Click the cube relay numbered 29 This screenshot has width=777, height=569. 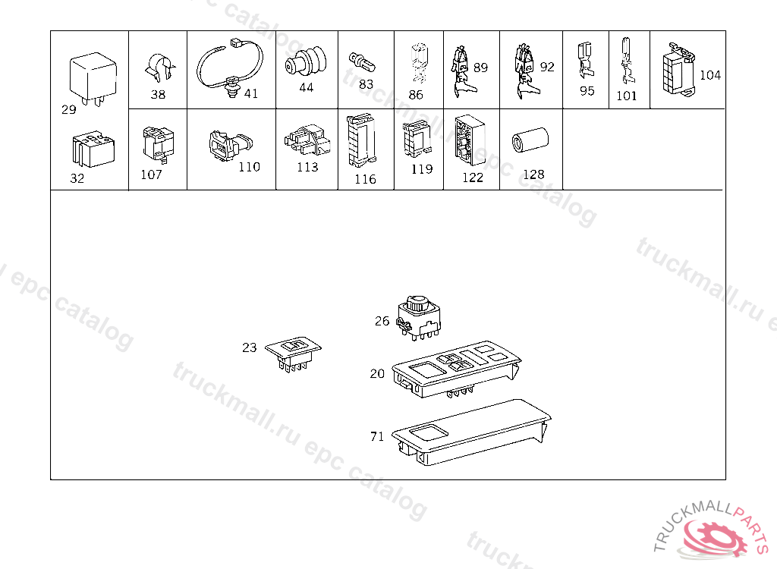(x=93, y=78)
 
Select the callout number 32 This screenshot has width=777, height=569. (x=77, y=178)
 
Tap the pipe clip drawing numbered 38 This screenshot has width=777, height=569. (x=159, y=68)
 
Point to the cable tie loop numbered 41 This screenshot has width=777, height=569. (x=230, y=67)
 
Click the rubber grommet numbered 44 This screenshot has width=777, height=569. (x=306, y=61)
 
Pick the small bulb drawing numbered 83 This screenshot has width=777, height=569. (x=362, y=62)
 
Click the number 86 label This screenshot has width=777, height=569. (x=416, y=95)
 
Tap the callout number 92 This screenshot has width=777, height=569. (x=547, y=67)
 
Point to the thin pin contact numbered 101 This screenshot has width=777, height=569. (x=627, y=61)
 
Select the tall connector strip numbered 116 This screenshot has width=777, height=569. (x=361, y=141)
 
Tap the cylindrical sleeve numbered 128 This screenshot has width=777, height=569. (x=530, y=140)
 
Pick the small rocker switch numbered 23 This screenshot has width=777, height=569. (x=293, y=354)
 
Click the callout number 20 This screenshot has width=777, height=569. (x=377, y=373)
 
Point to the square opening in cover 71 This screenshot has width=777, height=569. (x=429, y=432)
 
